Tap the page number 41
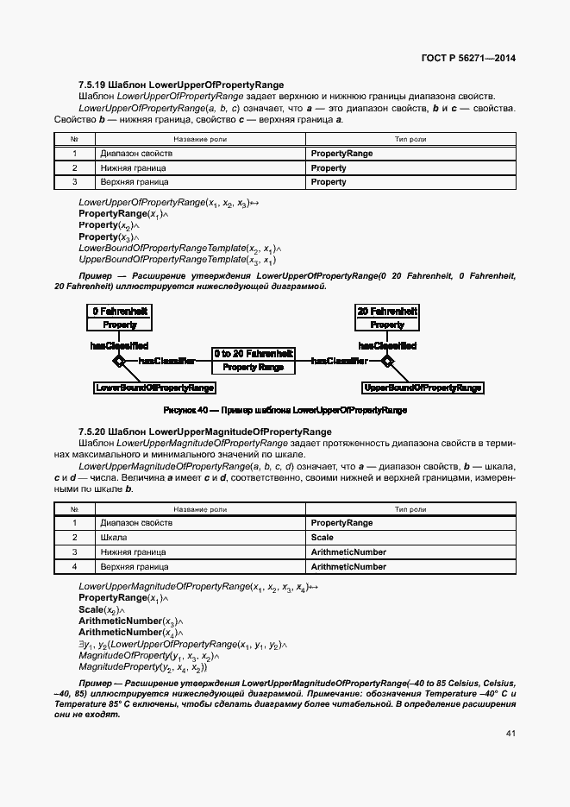(510, 734)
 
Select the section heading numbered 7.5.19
(181, 85)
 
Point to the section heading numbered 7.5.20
(204, 431)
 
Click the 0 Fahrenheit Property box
(120, 318)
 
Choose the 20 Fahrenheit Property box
(387, 318)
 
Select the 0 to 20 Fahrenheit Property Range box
(254, 361)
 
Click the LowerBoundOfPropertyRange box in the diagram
(154, 388)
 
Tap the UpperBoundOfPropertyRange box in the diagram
(423, 388)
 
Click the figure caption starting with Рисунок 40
(285, 410)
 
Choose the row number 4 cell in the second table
(75, 566)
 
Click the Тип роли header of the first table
(410, 138)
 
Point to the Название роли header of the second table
(200, 508)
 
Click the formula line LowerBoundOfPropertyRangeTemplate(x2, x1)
(179, 248)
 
